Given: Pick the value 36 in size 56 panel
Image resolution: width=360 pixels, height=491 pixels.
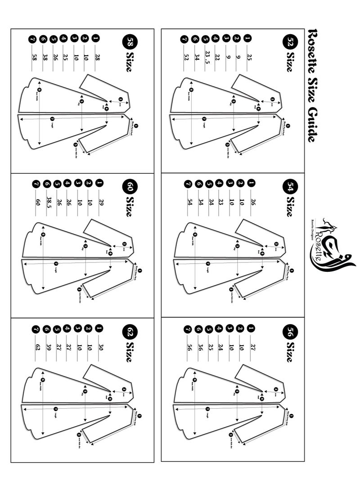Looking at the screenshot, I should [196, 347].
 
